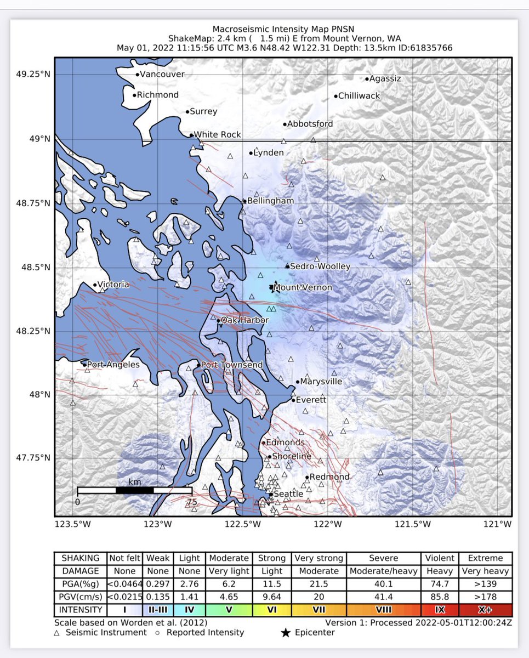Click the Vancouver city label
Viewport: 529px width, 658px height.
(162, 74)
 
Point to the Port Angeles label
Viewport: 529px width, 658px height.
(113, 365)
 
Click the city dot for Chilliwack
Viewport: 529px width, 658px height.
(335, 97)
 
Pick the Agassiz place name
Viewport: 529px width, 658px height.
(386, 78)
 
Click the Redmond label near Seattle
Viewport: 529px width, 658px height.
(329, 477)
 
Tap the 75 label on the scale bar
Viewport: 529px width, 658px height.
(191, 501)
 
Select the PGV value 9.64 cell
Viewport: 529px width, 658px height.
(272, 597)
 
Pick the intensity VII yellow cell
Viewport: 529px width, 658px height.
(318, 610)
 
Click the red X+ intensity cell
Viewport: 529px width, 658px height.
(485, 610)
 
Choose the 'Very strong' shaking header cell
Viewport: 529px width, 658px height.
(318, 558)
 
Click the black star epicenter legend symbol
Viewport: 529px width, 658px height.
(285, 633)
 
